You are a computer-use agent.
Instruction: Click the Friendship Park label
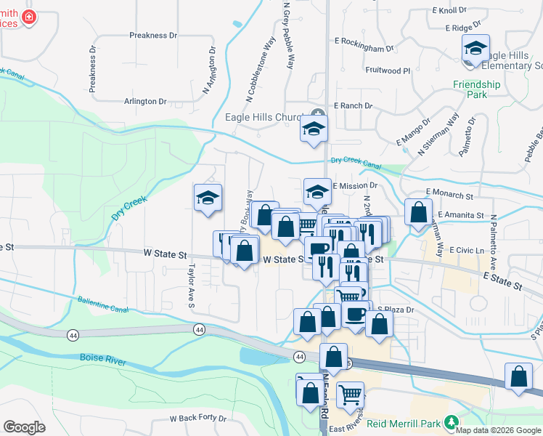coord(476,89)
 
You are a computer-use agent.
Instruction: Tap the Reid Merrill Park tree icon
coord(452,421)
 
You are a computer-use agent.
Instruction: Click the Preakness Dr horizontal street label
coord(153,35)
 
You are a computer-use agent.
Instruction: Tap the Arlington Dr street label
coord(150,101)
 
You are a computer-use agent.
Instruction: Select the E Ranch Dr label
coord(353,105)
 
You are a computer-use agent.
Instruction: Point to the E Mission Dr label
coord(355,186)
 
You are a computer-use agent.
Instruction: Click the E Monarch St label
coord(450,195)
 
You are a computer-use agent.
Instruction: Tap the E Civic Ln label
coord(467,250)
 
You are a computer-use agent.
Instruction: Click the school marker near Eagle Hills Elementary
coord(475,49)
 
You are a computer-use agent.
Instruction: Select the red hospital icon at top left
coord(28,18)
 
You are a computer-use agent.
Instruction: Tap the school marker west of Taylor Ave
coord(207,198)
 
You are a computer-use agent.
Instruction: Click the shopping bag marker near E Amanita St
coord(418,213)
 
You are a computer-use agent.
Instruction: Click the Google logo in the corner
coord(24,427)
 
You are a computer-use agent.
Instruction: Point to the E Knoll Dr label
coord(449,10)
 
